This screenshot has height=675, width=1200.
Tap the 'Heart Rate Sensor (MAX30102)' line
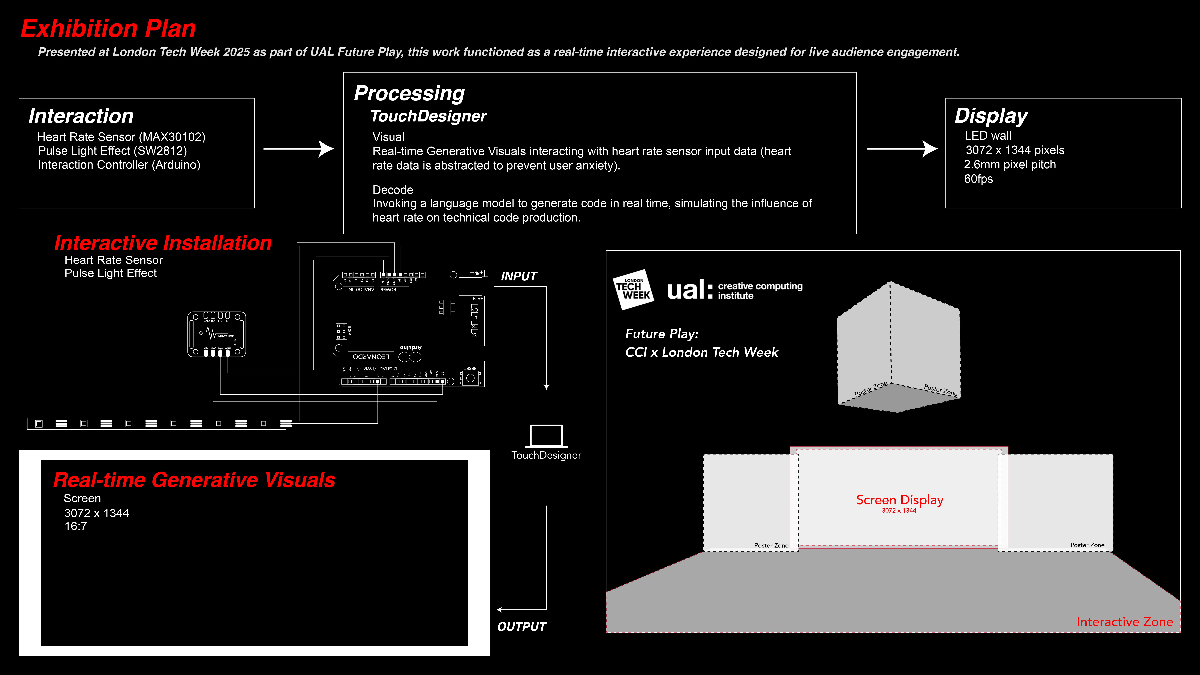(x=121, y=137)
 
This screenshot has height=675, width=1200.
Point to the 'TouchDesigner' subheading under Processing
(x=428, y=116)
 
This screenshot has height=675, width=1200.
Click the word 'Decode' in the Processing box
(x=393, y=190)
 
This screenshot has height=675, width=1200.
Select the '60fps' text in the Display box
(x=978, y=179)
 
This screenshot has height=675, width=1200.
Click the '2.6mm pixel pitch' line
(x=1010, y=165)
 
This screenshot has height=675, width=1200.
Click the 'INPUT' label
(x=518, y=276)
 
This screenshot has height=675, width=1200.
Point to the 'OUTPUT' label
(x=521, y=627)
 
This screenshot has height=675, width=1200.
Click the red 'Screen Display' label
(x=900, y=500)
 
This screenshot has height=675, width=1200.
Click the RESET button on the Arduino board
(x=470, y=378)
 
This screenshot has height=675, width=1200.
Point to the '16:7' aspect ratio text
(x=75, y=526)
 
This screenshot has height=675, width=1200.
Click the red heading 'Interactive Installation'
(x=163, y=243)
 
